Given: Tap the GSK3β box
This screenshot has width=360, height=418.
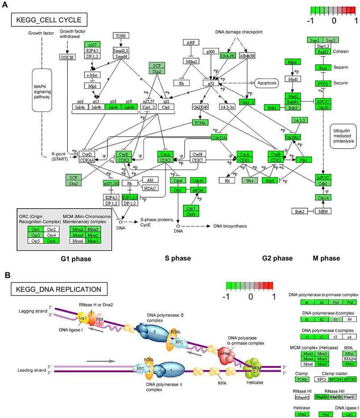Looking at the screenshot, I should point(66,57).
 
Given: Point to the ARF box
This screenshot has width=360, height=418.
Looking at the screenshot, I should point(190,42).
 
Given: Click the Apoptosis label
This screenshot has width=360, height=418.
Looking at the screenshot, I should point(270,83).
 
